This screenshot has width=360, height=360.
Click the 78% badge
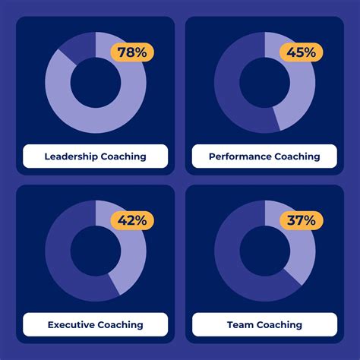tap(132, 52)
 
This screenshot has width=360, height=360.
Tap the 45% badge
tap(302, 52)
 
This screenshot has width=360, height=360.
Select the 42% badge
tap(132, 221)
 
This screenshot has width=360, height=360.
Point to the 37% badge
tap(302, 221)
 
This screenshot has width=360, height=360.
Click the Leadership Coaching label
tap(95, 156)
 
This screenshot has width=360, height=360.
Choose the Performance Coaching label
tap(264, 156)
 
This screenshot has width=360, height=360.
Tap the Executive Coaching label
tap(95, 324)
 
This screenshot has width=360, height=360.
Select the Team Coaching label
tap(264, 324)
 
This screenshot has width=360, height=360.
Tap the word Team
tap(240, 324)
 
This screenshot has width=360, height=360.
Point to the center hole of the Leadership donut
tap(95, 82)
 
